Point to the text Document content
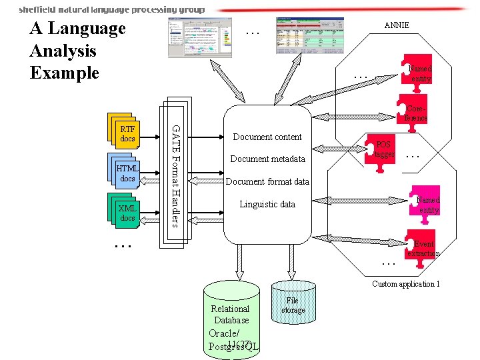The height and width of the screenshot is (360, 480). point(267,137)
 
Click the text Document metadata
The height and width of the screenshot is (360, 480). point(267,159)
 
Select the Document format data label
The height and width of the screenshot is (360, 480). point(267,182)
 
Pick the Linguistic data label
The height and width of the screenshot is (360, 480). point(267,205)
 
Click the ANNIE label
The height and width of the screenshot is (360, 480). point(397,25)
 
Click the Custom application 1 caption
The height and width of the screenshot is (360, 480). point(406,284)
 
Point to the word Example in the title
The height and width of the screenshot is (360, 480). point(64,73)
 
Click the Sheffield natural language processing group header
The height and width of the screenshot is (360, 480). point(111,9)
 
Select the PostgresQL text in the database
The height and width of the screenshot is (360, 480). point(233,347)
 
